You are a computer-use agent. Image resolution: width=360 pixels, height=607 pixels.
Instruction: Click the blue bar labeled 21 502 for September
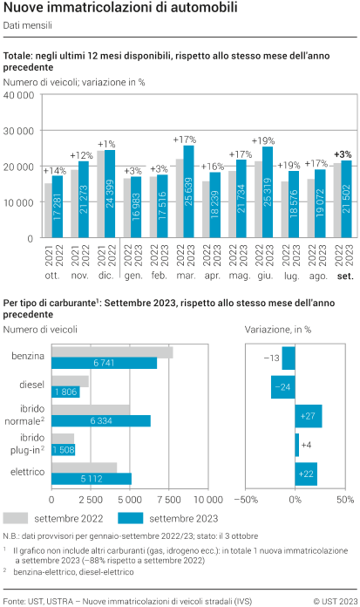click(346, 199)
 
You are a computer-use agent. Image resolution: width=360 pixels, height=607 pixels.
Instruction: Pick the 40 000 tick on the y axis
click(19, 95)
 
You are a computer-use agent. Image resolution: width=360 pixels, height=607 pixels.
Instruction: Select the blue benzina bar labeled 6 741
click(105, 363)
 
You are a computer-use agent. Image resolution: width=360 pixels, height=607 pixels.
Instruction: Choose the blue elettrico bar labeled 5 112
click(92, 478)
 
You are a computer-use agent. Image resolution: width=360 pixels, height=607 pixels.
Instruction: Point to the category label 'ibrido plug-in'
click(27, 443)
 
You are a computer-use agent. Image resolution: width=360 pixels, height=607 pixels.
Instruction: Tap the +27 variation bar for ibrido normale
click(309, 416)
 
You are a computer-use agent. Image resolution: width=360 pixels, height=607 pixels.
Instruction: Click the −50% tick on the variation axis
click(246, 500)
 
